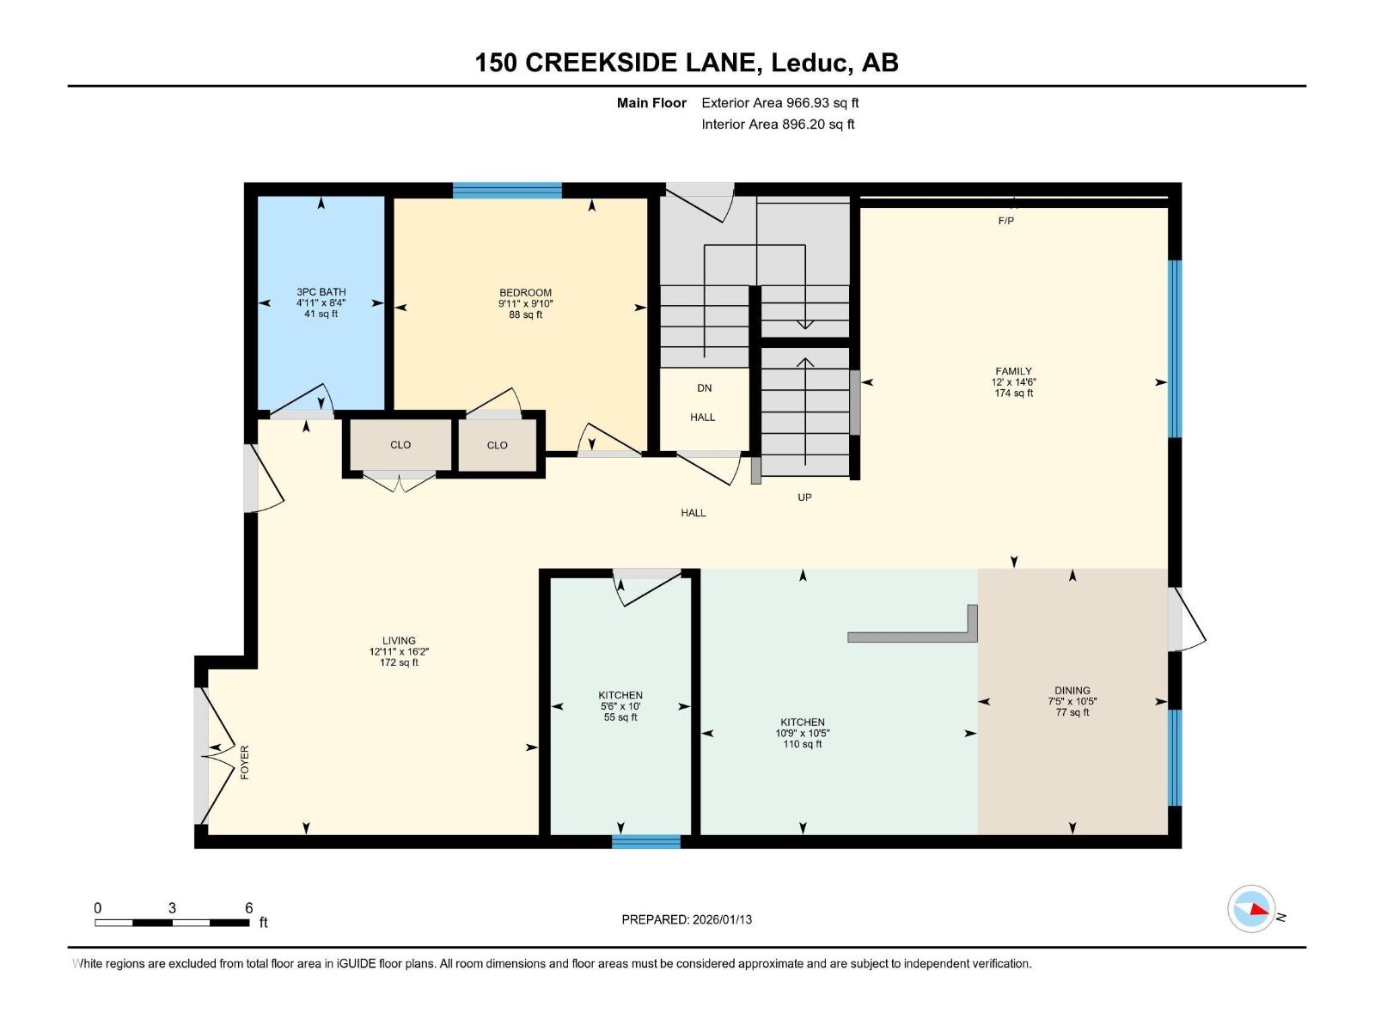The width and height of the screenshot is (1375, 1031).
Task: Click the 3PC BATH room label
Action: coord(321,292)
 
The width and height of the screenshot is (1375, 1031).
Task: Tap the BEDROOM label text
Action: coord(525,293)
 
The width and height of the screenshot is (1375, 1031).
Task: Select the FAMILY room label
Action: coord(1013,371)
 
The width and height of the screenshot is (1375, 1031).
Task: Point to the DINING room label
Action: coord(1072,690)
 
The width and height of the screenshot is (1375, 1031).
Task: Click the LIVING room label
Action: coord(399,640)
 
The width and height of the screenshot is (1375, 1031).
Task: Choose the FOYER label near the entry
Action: coord(245,762)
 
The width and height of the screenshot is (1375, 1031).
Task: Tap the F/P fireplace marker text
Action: coord(1005,221)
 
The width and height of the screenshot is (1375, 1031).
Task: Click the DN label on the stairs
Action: coord(704,388)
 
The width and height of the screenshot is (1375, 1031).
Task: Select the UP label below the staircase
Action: coord(804,497)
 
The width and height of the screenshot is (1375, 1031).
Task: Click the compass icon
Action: coord(1251,909)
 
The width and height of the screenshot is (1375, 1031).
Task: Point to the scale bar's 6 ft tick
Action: coord(248,908)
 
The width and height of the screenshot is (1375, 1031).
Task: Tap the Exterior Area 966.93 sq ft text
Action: coord(779,103)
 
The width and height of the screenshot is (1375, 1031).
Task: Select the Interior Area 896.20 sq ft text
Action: coord(778,125)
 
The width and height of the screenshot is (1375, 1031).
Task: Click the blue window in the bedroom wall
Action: coord(507,191)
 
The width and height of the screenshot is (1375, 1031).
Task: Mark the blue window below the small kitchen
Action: coord(646,841)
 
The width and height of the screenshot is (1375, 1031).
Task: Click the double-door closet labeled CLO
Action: coord(400,445)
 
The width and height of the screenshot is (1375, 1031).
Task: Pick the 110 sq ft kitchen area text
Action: coord(802,744)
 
